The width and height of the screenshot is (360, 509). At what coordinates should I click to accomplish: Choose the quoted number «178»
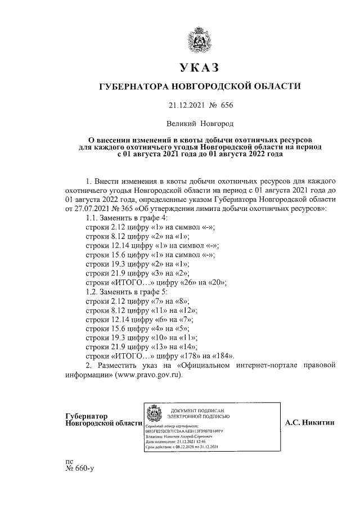(x=180, y=356)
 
